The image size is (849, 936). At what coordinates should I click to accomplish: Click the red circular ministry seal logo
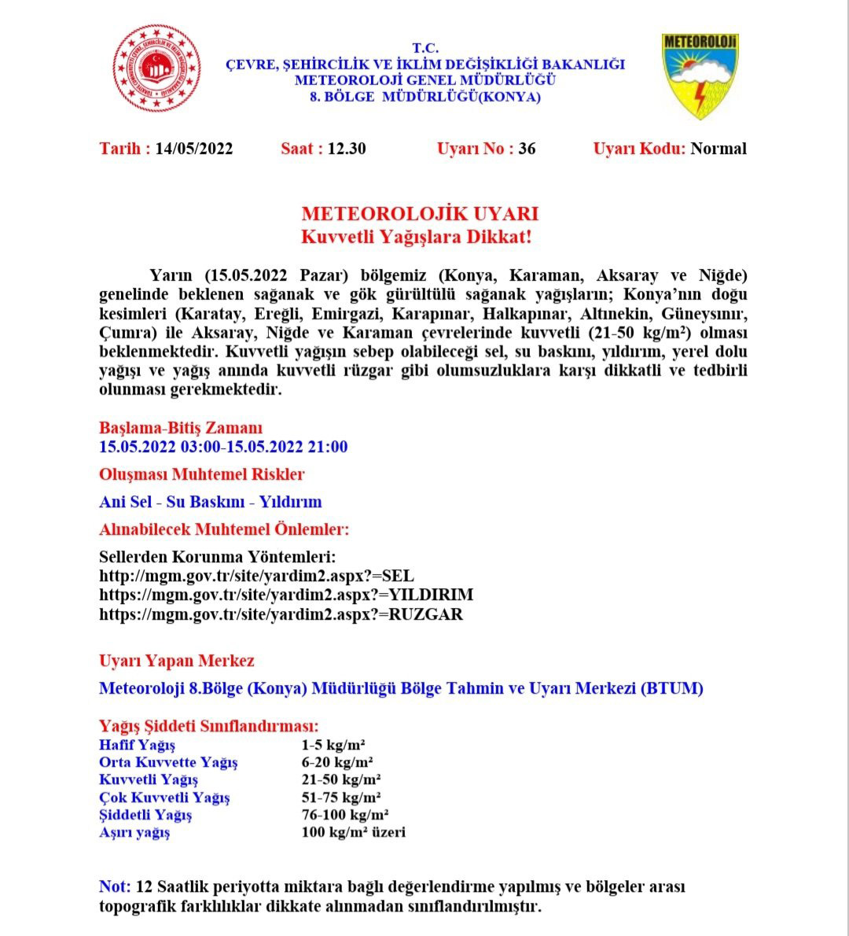156,68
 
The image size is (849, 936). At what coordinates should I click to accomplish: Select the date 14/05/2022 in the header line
194,149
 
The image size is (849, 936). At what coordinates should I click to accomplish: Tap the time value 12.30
347,149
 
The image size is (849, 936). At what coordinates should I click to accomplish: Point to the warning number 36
527,149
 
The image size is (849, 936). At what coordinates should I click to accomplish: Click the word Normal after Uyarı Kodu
719,149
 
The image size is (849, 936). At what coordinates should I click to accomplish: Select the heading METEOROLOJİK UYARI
420,214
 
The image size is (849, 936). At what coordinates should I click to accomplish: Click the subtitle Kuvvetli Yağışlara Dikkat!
420,236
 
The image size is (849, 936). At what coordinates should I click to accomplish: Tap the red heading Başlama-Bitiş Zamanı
181,428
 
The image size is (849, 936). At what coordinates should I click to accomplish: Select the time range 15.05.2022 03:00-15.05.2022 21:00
223,447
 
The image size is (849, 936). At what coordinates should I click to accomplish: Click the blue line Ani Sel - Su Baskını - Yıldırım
210,502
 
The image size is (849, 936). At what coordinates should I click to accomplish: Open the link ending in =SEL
256,576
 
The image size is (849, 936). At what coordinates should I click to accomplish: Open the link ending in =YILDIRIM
286,595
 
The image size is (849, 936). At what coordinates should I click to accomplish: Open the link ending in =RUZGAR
281,614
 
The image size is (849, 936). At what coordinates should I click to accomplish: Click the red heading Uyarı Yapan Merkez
176,661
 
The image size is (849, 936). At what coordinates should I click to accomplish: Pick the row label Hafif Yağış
137,745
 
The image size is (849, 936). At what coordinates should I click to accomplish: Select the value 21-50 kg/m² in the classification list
341,779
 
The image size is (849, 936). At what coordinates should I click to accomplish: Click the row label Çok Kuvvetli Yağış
164,797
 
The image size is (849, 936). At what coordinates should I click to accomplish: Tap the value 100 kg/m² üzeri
353,832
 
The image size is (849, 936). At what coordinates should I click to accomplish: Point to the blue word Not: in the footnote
115,886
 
